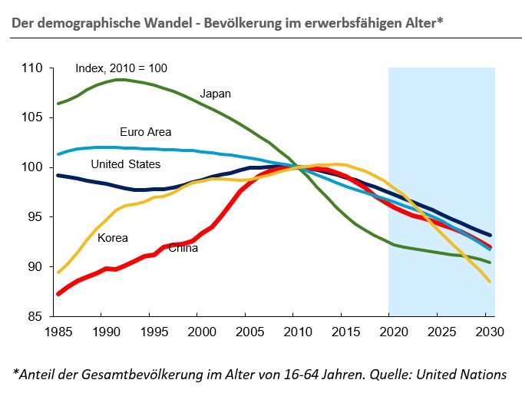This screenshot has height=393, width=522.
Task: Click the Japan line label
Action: click(216, 94)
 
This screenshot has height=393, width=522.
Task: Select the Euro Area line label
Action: click(146, 132)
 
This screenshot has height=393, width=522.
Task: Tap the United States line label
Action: click(125, 164)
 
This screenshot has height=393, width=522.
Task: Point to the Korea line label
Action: click(113, 238)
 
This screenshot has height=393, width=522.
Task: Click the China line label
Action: click(183, 248)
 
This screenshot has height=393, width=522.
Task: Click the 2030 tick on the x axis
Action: click(484, 332)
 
